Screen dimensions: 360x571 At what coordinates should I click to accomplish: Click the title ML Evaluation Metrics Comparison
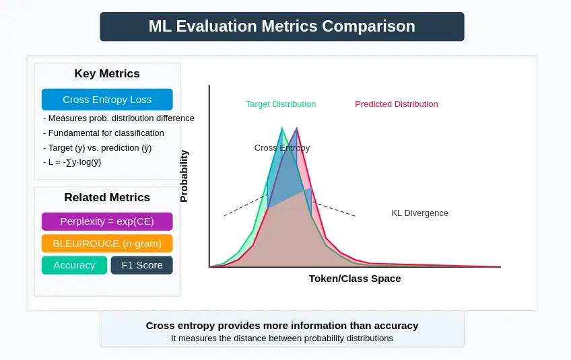tap(281, 26)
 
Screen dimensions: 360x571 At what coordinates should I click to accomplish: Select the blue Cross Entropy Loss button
tap(107, 100)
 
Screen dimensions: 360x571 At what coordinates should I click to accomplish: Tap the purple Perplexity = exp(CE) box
tap(107, 221)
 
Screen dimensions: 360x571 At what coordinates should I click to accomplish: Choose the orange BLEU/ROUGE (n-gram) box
tap(107, 243)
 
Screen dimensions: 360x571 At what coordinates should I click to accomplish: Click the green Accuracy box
tap(74, 265)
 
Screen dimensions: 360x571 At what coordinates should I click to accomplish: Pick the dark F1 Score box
tap(141, 265)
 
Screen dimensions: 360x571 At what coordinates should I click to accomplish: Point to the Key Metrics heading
tap(107, 74)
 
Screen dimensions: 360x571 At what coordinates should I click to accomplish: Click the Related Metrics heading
tap(107, 197)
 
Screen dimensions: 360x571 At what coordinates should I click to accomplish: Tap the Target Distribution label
tap(281, 104)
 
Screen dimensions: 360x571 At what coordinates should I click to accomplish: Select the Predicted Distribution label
tap(396, 104)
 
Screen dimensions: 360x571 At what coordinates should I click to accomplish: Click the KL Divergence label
tap(419, 213)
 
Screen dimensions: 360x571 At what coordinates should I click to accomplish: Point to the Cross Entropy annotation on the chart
tap(282, 148)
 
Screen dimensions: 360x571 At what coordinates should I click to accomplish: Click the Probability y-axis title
tap(184, 176)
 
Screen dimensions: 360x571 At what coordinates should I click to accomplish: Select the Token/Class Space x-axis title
tap(355, 279)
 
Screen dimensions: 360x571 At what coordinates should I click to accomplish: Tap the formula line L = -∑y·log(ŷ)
tap(71, 162)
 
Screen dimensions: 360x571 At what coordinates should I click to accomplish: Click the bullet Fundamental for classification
tap(103, 133)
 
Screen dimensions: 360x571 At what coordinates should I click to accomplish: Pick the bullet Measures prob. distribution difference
tap(118, 118)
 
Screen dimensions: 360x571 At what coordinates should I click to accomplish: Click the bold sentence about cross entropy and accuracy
tap(282, 326)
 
